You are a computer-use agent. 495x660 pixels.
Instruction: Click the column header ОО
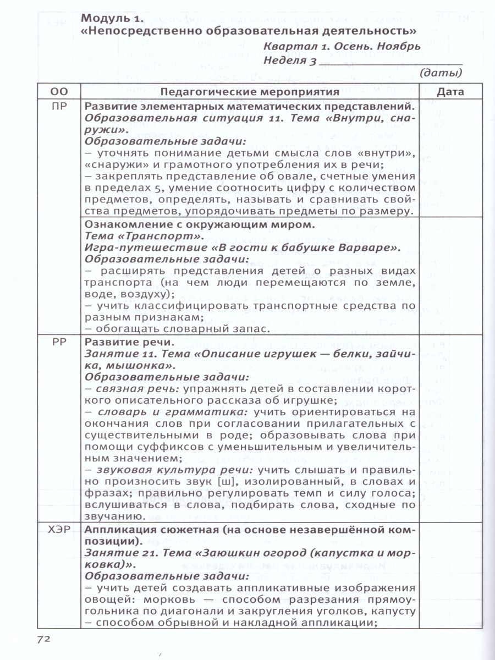[x=59, y=92]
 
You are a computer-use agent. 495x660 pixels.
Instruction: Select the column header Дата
[x=450, y=92]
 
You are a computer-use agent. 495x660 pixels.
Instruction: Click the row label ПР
[x=59, y=107]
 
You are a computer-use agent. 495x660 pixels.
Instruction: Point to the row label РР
[x=59, y=342]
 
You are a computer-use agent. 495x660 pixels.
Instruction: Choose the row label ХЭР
[x=59, y=530]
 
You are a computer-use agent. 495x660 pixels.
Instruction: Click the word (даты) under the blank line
[x=441, y=72]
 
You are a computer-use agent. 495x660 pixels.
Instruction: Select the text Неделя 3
[x=290, y=61]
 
